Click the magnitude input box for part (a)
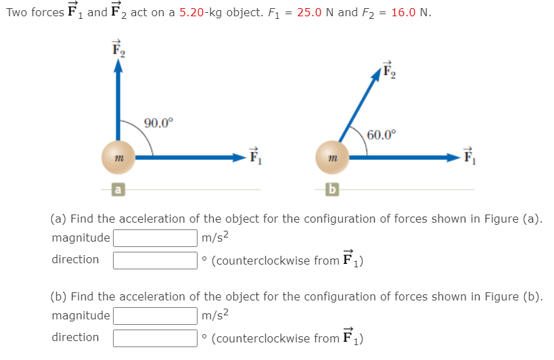point(155,238)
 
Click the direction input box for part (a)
point(155,260)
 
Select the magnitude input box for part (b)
point(155,316)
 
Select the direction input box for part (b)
point(155,338)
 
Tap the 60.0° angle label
point(379,133)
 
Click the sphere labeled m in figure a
point(118,157)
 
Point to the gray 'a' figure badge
point(118,190)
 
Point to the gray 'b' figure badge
point(331,190)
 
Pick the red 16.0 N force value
point(405,14)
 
